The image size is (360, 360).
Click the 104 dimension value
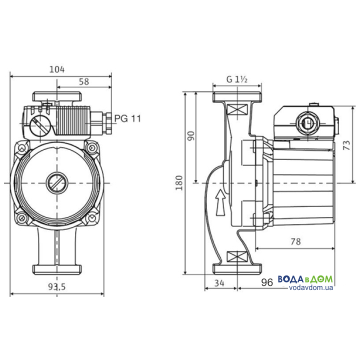point(57,69)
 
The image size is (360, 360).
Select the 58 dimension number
point(85,82)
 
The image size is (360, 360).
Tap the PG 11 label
point(128,118)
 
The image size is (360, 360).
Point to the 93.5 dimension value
point(57,287)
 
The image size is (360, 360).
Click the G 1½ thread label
point(237,79)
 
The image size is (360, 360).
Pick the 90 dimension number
point(190,136)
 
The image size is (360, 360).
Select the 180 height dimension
point(180,182)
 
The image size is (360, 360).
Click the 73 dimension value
point(347,145)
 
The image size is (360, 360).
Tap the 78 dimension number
point(294,241)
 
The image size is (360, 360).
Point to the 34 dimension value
point(219,283)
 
